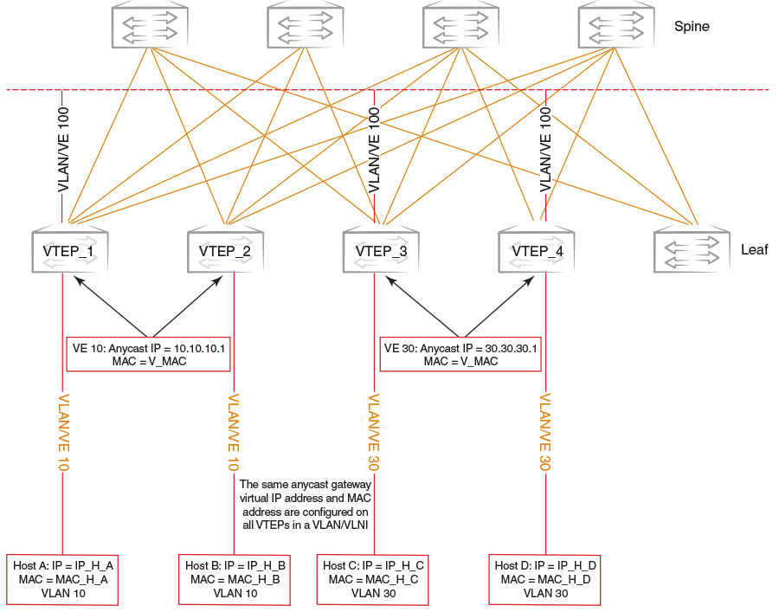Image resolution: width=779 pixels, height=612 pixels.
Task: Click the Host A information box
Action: [62, 579]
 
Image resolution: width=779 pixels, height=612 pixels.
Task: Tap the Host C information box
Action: [372, 579]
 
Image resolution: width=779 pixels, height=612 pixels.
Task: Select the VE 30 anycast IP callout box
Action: [460, 355]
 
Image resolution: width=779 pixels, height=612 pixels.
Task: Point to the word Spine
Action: [692, 27]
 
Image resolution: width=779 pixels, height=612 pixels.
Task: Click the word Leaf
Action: [754, 250]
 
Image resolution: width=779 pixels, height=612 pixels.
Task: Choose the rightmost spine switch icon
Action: [616, 25]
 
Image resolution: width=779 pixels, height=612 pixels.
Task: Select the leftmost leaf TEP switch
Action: [69, 250]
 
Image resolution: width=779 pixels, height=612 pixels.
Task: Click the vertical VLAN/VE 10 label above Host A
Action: [63, 433]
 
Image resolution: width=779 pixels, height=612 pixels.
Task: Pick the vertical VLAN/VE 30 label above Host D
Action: [545, 433]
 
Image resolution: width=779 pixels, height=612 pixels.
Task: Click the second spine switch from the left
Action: [306, 25]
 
